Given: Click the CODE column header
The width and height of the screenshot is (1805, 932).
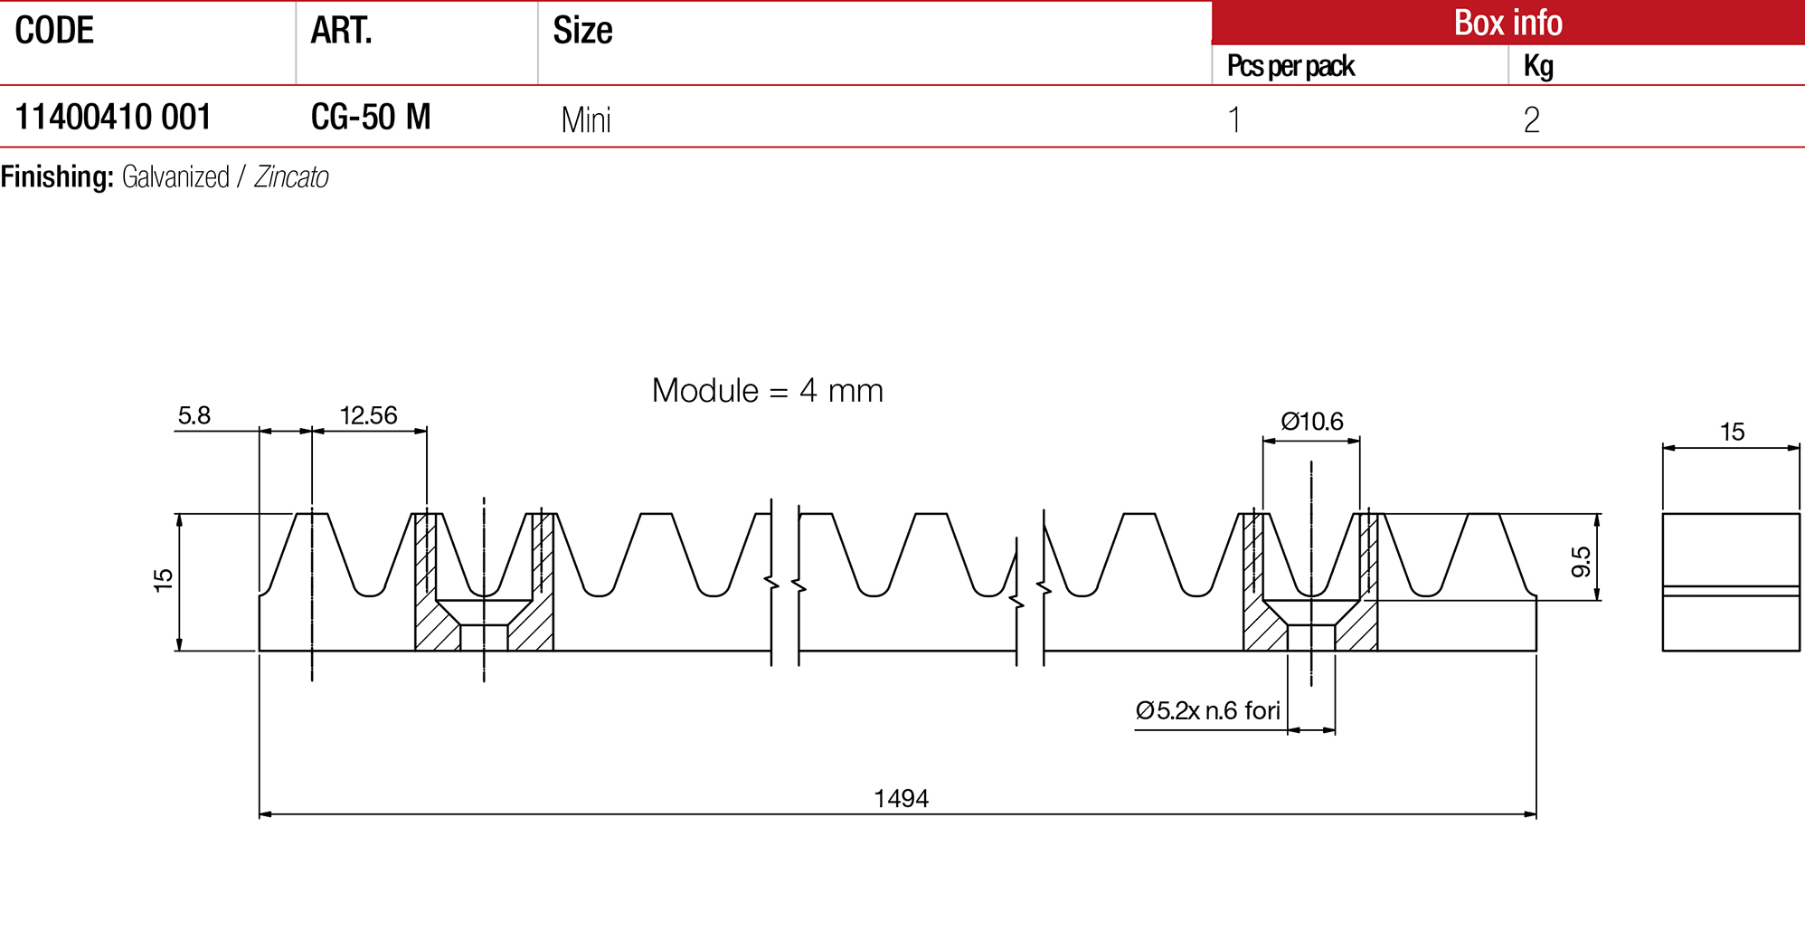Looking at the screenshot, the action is click(54, 31).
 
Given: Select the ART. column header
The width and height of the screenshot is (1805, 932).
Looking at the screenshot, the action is click(342, 31).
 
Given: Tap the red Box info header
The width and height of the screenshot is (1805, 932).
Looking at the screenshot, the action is click(1507, 23).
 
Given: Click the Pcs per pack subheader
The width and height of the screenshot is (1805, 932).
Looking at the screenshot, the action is click(1290, 66).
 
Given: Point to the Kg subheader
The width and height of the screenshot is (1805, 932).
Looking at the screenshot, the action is click(1538, 66).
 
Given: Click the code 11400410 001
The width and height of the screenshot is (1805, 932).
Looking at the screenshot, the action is click(113, 117).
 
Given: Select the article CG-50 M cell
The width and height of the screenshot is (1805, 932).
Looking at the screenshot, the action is click(371, 117).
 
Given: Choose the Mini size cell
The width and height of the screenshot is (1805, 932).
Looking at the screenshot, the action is click(586, 119).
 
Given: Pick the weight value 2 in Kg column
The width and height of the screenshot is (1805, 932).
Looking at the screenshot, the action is click(1531, 119).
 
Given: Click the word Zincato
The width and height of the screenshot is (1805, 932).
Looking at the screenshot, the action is click(291, 176).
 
